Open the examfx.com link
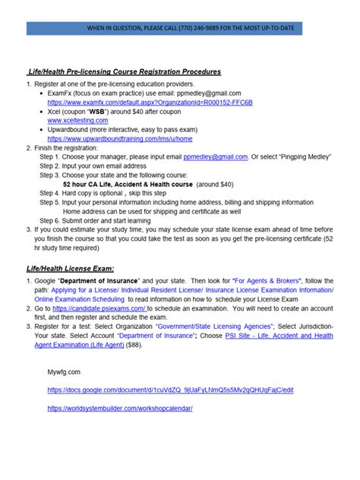click(x=128, y=101)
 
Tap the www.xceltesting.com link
click(x=77, y=120)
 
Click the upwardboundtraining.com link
click(x=119, y=139)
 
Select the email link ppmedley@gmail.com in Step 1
click(x=216, y=156)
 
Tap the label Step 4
click(x=49, y=193)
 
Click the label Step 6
click(x=49, y=220)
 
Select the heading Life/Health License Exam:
click(x=71, y=269)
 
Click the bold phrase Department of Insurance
click(x=96, y=281)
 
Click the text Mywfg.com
click(x=63, y=372)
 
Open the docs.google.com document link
click(x=170, y=390)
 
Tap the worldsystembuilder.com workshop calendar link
click(x=120, y=408)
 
